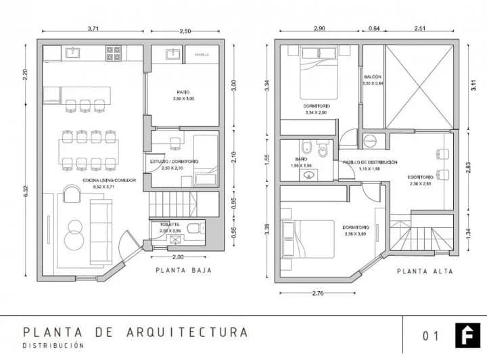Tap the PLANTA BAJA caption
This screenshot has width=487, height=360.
184,270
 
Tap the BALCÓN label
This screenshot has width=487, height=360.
373,77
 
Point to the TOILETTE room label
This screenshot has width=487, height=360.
169,224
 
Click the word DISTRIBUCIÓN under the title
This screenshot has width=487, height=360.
54,346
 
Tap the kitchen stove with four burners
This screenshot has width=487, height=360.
113,52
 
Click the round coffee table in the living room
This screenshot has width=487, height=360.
72,239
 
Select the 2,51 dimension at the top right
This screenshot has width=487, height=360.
421,28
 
